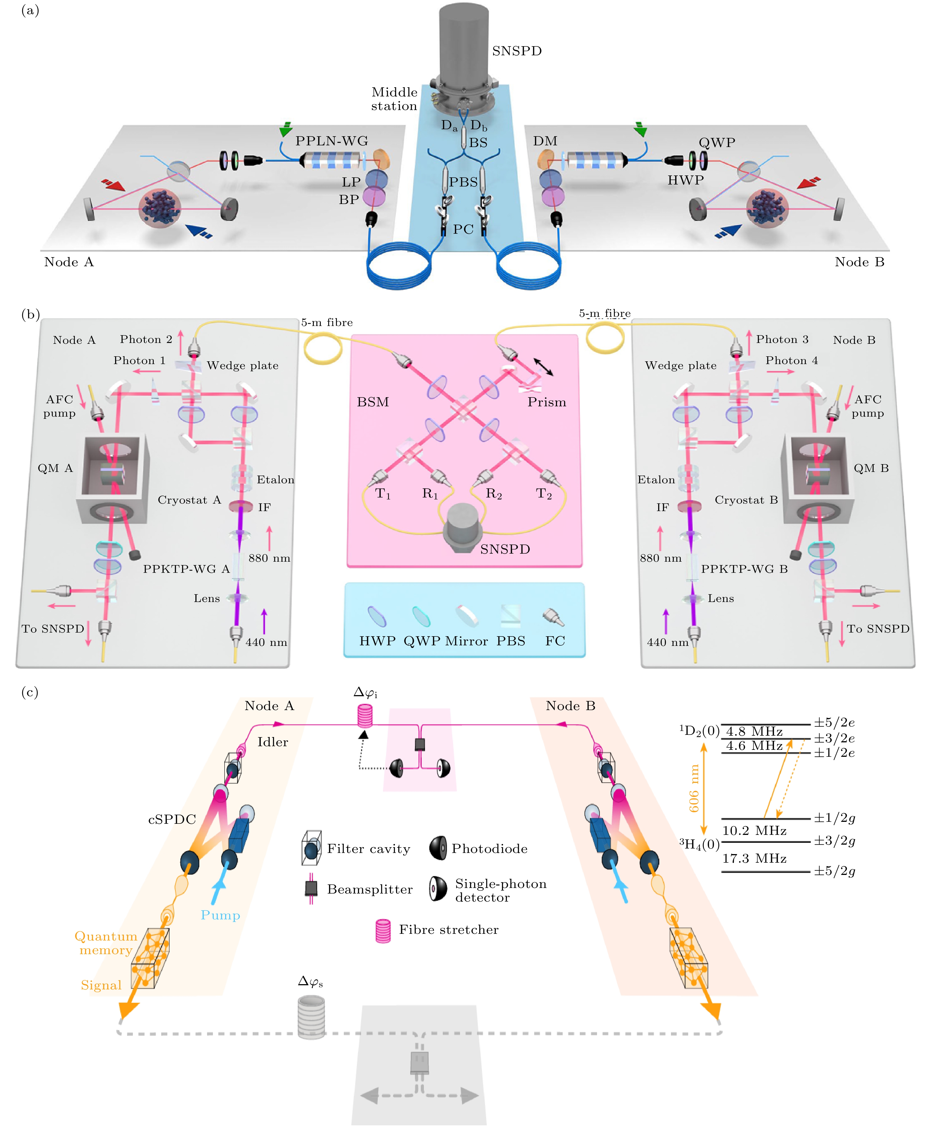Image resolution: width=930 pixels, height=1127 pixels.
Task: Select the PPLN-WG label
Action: click(332, 141)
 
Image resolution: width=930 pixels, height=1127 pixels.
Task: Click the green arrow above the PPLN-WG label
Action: click(286, 129)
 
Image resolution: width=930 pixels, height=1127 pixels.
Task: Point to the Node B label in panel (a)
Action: click(859, 262)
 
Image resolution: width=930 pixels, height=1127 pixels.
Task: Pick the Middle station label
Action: click(394, 99)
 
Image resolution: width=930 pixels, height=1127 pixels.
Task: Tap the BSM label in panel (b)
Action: click(373, 402)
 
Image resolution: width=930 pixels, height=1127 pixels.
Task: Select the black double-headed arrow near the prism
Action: click(543, 366)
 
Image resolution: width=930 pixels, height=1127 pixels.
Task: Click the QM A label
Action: click(55, 468)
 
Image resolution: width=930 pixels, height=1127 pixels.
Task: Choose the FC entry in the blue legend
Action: click(555, 641)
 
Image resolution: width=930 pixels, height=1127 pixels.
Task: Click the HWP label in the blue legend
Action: click(377, 641)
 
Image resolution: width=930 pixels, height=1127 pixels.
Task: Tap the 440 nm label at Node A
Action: click(266, 642)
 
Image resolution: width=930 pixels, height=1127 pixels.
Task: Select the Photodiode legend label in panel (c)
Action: click(489, 849)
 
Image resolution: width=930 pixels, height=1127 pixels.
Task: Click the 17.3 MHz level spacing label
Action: click(754, 859)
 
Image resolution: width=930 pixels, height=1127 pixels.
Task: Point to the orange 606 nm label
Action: click(694, 788)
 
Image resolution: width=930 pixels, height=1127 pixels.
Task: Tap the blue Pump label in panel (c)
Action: click(220, 915)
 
